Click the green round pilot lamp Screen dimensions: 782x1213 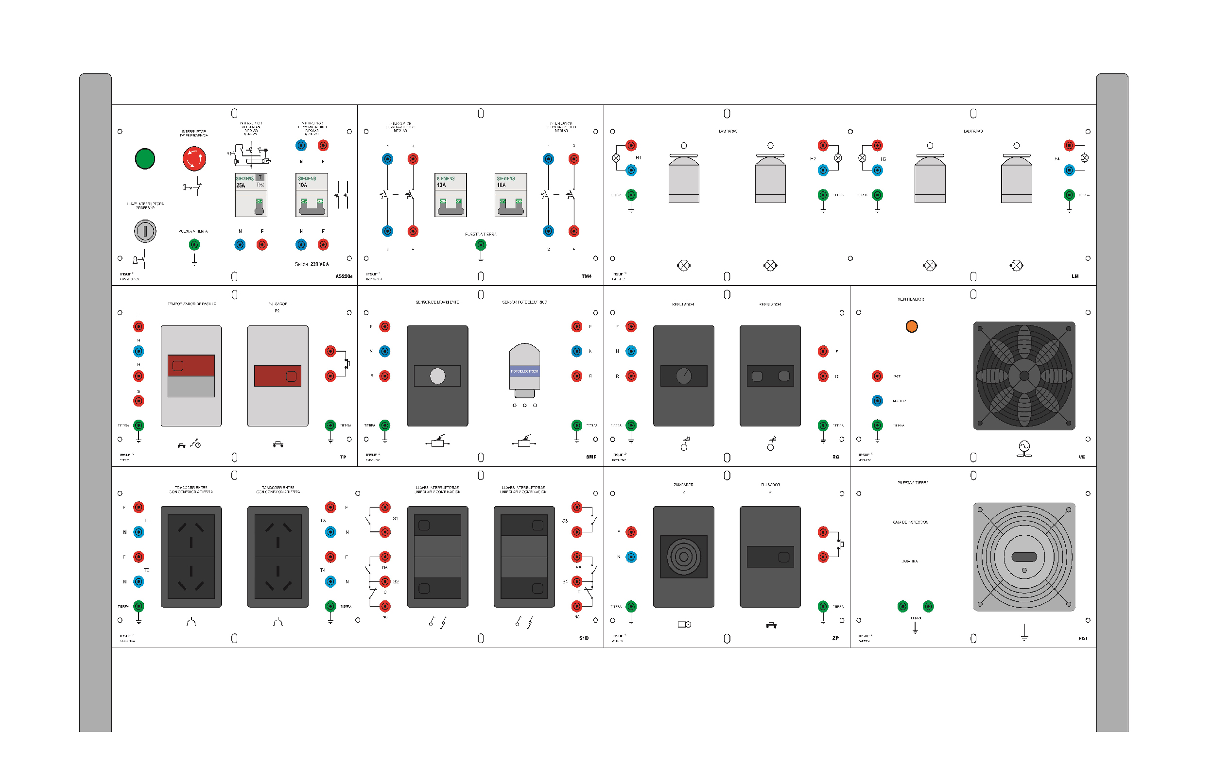pyautogui.click(x=145, y=159)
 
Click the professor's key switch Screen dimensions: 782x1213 pyautogui.click(x=145, y=231)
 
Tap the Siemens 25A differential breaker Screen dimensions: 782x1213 pyautogui.click(x=250, y=195)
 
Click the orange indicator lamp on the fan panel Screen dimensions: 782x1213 pyautogui.click(x=911, y=326)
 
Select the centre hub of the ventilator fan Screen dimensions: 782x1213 pyautogui.click(x=1023, y=376)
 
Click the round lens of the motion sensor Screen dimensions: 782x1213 pyautogui.click(x=437, y=376)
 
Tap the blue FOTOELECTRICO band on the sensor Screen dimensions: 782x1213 pyautogui.click(x=524, y=371)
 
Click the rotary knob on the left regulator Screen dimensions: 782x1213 pyautogui.click(x=683, y=376)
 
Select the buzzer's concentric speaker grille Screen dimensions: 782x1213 pyautogui.click(x=683, y=557)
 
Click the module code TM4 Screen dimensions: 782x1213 pyautogui.click(x=586, y=276)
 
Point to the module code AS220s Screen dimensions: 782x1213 pyautogui.click(x=344, y=276)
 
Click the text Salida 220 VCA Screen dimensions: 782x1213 pyautogui.click(x=312, y=264)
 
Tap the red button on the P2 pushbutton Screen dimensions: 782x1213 pyautogui.click(x=277, y=376)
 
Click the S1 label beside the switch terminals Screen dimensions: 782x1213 pyautogui.click(x=395, y=518)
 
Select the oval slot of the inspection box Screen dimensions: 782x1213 pyautogui.click(x=1023, y=557)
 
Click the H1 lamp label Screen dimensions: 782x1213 pyautogui.click(x=638, y=158)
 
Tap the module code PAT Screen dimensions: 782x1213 pyautogui.click(x=1083, y=638)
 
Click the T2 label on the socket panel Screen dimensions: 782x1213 pyautogui.click(x=146, y=570)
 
